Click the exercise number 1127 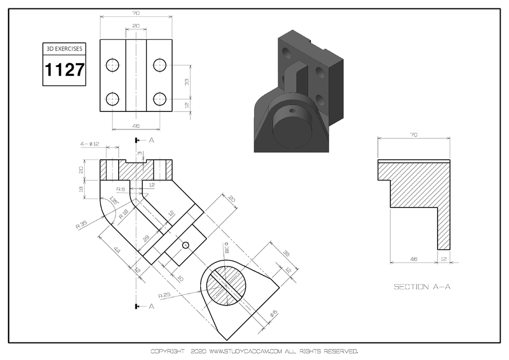coord(65,70)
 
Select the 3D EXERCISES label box coord(65,49)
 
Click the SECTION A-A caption coord(422,287)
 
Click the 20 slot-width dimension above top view coord(136,26)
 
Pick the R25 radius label coord(164,295)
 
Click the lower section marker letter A coord(151,307)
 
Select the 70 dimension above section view coord(413,135)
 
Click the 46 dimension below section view coord(413,260)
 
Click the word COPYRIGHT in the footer coord(168,352)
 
